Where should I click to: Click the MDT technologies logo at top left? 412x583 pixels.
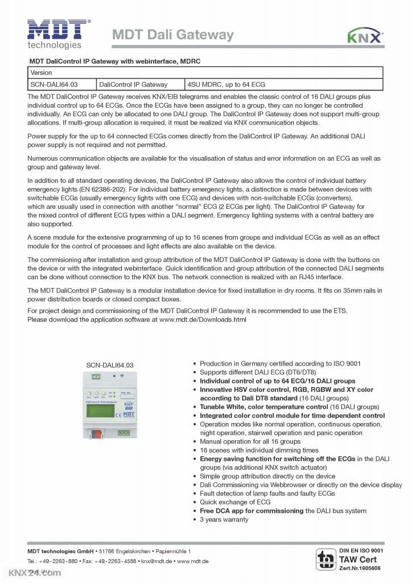(x=57, y=34)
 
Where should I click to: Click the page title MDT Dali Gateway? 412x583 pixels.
(x=172, y=35)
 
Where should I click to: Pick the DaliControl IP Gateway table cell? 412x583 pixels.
(x=133, y=84)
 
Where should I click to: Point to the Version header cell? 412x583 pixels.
(x=42, y=73)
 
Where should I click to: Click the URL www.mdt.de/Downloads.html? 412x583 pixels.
(x=203, y=319)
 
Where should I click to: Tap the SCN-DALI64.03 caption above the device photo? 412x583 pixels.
(x=110, y=365)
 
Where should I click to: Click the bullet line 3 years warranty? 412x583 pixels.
(x=224, y=519)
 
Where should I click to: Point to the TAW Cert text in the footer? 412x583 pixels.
(x=358, y=559)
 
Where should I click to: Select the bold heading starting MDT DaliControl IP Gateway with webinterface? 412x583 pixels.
(x=114, y=61)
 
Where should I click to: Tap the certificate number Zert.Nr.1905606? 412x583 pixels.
(x=360, y=568)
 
